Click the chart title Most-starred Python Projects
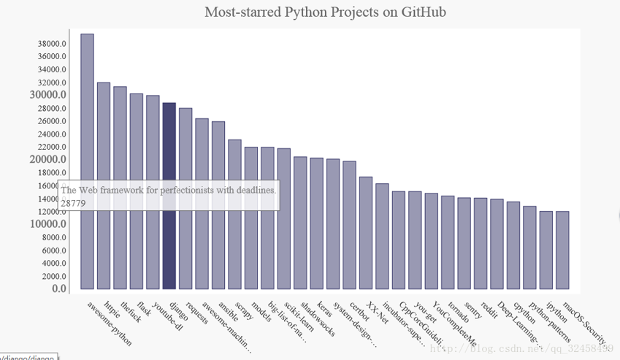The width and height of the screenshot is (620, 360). [x=325, y=12]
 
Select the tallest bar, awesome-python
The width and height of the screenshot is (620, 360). [x=87, y=161]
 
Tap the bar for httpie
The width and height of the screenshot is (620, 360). [x=104, y=185]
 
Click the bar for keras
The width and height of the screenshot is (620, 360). [x=316, y=223]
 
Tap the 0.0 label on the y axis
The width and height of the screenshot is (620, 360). [x=59, y=289]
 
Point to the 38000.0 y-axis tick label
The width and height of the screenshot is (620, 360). [x=52, y=43]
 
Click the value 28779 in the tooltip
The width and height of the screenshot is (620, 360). [x=73, y=203]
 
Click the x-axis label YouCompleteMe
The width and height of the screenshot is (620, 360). [x=453, y=323]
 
